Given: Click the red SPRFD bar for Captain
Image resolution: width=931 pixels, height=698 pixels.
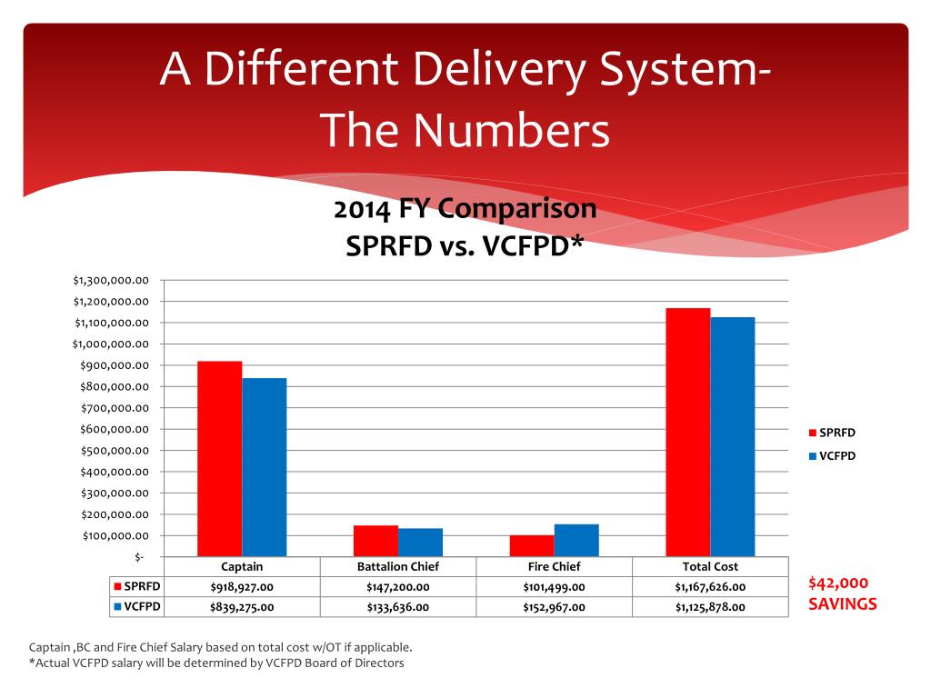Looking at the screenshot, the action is (220, 459).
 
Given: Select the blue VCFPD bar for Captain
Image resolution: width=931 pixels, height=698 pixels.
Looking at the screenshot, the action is (265, 467).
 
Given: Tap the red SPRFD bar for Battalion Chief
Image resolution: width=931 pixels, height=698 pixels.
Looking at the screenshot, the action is (375, 541).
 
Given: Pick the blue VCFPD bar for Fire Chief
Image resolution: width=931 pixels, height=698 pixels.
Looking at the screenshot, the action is (576, 540).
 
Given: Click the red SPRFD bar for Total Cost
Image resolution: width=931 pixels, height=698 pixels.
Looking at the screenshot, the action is (688, 432).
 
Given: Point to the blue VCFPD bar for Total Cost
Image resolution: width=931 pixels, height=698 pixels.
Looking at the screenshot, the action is (733, 437).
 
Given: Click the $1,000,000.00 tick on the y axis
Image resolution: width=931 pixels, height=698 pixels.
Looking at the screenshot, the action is (110, 344).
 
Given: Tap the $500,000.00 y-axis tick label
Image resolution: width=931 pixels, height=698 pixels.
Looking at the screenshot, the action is (115, 451).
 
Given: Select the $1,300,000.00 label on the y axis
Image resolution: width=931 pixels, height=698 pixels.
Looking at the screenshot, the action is (110, 280).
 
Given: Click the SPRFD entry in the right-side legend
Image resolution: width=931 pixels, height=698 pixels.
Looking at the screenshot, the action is (832, 433).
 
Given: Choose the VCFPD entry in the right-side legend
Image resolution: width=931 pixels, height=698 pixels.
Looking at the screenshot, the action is (832, 456).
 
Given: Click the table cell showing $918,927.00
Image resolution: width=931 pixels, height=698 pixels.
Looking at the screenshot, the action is (242, 587).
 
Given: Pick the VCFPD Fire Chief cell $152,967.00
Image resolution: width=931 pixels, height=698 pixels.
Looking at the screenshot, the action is (554, 607).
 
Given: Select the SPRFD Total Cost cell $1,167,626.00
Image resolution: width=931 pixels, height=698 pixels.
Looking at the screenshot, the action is (710, 587).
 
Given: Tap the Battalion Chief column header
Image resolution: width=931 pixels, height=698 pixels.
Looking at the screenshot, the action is (398, 567).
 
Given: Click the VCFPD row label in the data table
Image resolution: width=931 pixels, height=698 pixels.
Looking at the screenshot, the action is (136, 606).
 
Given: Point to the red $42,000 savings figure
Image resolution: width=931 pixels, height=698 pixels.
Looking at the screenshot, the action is (837, 583).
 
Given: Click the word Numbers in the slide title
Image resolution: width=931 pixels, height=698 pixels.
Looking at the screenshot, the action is (512, 130).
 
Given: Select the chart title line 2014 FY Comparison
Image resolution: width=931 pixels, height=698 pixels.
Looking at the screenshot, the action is (465, 209).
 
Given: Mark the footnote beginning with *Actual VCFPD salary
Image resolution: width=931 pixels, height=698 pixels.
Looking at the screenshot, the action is (216, 663).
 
